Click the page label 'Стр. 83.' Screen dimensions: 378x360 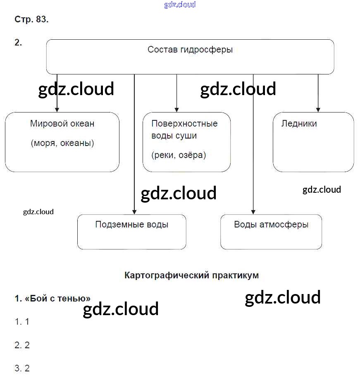pos(31,19)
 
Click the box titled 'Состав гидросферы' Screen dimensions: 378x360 pos(190,56)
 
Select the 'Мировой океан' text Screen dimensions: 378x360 pos(62,123)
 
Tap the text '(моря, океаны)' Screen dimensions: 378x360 pos(62,143)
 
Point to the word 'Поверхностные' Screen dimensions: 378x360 pos(184,123)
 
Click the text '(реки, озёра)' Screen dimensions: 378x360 pos(179,155)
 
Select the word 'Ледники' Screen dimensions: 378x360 pos(299,123)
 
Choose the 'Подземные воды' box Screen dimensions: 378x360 pos(131,232)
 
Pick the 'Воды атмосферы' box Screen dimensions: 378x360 pos(271,232)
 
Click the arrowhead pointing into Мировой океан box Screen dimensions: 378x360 pos(57,110)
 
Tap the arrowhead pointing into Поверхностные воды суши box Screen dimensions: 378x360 pos(176,110)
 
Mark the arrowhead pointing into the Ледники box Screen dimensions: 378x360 pos(318,110)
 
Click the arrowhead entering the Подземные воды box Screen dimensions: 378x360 pos(134,212)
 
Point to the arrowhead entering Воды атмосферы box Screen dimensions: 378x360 pos(253,212)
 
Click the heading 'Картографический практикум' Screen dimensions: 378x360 pos(191,275)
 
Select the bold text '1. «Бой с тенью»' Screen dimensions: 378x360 pos(52,299)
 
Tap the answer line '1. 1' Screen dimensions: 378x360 pos(22,322)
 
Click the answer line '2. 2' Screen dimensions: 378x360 pos(22,345)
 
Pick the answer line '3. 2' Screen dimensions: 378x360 pos(22,368)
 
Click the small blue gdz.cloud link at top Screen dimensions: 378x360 pos(180,5)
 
